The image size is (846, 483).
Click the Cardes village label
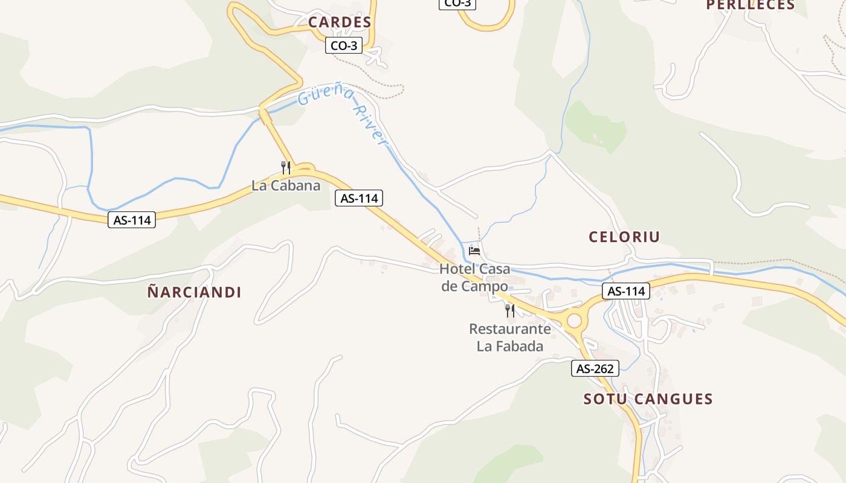click(x=340, y=22)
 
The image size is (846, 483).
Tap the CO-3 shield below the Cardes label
click(x=344, y=45)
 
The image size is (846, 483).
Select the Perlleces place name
click(x=751, y=5)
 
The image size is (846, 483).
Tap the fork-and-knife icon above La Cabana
click(x=286, y=167)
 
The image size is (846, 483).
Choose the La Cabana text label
click(x=286, y=185)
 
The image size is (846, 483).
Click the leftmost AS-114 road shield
click(x=132, y=220)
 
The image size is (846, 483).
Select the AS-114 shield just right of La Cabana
click(x=359, y=198)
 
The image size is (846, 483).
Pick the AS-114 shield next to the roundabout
click(x=625, y=291)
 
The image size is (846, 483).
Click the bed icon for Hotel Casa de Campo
click(x=474, y=251)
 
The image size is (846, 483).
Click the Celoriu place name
click(x=624, y=237)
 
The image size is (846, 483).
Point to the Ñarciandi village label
click(x=194, y=292)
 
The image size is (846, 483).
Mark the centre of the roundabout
click(x=573, y=321)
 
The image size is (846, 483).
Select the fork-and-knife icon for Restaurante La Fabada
click(x=510, y=311)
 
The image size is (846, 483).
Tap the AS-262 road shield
click(x=595, y=368)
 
